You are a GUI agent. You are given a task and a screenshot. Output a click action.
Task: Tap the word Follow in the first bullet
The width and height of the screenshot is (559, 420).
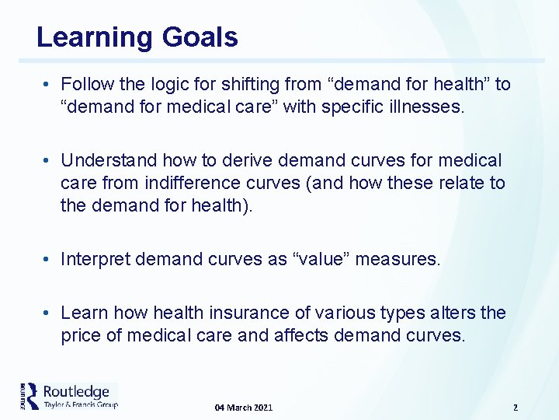coord(86,84)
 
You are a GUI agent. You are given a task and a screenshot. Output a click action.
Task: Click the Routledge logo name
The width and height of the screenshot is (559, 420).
coord(76,391)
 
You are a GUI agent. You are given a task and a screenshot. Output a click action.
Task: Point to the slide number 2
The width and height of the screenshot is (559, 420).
coord(515,408)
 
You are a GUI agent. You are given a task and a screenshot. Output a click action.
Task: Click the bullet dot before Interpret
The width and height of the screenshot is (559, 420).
coord(47,259)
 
